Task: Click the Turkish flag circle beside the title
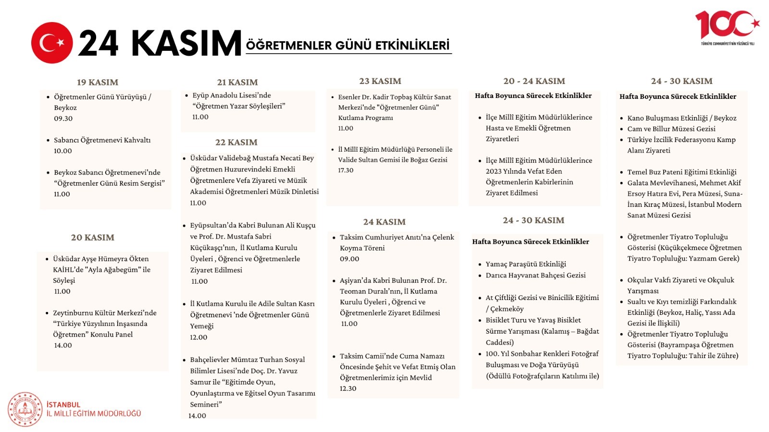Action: click(52, 43)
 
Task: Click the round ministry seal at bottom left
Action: click(25, 409)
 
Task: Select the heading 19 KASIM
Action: click(98, 82)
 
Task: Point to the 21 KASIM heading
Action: click(237, 82)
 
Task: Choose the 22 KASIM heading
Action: click(236, 142)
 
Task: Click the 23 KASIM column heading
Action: click(380, 81)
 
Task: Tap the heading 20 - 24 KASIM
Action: click(534, 81)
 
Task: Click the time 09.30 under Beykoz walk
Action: click(63, 119)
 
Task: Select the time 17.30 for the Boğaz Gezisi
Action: click(346, 170)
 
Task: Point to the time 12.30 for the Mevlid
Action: click(348, 388)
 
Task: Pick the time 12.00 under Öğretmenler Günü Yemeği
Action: click(198, 337)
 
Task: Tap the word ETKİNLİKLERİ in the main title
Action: click(412, 46)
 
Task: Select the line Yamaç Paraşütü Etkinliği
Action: click(526, 264)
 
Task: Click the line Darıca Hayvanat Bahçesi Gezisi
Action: click(535, 275)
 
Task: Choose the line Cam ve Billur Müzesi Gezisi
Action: click(671, 129)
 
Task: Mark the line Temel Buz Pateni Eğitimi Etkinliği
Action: click(682, 172)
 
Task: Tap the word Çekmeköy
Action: click(507, 309)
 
